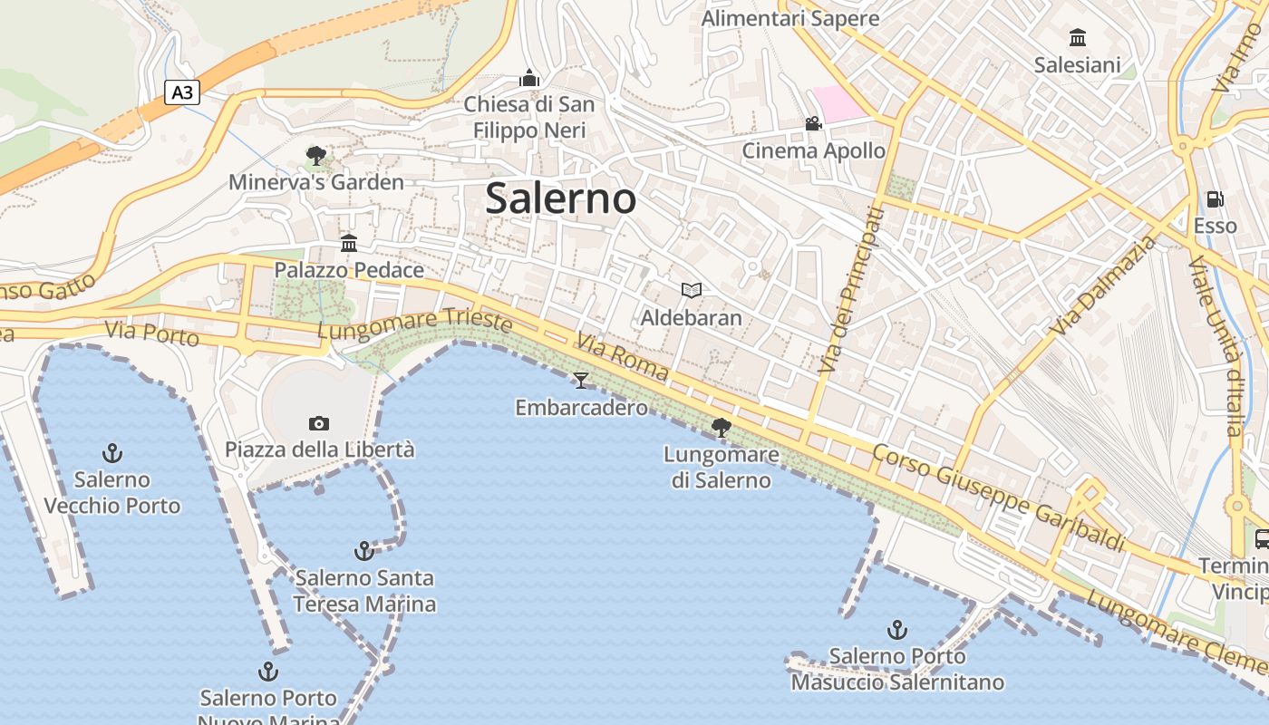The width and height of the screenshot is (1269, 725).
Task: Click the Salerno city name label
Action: [560, 198]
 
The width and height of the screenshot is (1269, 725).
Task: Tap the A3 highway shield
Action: [182, 92]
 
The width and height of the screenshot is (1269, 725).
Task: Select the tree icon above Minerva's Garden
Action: [315, 156]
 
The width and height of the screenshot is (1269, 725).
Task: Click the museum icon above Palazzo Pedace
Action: [349, 243]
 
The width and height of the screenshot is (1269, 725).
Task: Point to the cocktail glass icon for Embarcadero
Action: [581, 381]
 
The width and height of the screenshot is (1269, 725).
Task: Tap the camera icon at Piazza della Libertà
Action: [318, 423]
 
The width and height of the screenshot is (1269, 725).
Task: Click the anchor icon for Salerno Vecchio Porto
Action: [112, 452]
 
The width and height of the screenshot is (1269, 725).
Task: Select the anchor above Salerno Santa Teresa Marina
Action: [363, 550]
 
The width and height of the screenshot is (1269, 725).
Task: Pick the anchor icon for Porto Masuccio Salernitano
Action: [896, 629]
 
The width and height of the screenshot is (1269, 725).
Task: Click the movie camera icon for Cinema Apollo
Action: [813, 123]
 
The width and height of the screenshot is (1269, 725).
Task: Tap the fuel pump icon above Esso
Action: [1215, 198]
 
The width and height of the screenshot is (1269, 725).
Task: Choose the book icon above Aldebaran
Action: [692, 290]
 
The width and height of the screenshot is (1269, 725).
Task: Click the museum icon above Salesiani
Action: [1078, 37]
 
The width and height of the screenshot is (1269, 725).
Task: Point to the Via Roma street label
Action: [622, 357]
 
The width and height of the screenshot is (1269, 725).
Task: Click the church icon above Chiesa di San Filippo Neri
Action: [529, 79]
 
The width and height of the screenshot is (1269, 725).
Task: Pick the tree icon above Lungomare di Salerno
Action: [722, 427]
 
